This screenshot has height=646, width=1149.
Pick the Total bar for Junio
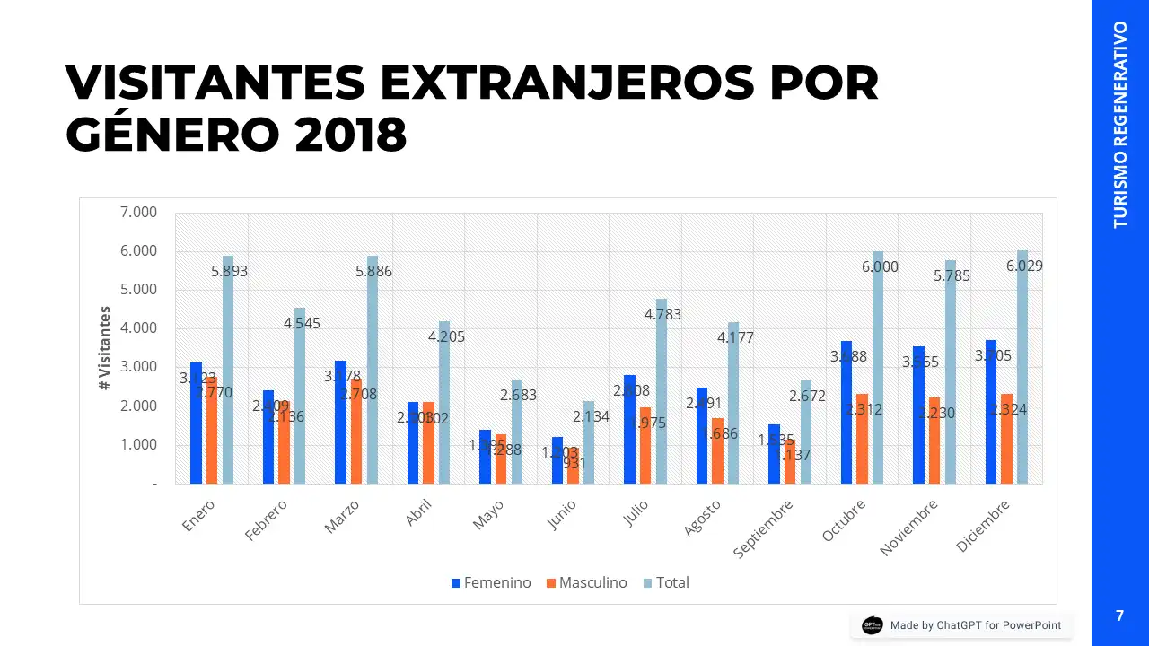pos(589,449)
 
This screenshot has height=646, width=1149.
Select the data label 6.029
pos(1024,266)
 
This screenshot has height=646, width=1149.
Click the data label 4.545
pos(303,323)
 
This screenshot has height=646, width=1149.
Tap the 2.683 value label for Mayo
pos(519,395)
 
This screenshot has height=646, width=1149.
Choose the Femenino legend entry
pos(491,582)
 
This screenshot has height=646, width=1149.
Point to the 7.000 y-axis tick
pos(138,212)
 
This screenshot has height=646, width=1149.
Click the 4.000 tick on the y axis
pos(138,328)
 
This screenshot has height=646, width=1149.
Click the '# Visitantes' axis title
pos(106,348)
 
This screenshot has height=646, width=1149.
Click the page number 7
pos(1119,615)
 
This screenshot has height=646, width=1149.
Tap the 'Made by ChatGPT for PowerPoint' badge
pos(961,625)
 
